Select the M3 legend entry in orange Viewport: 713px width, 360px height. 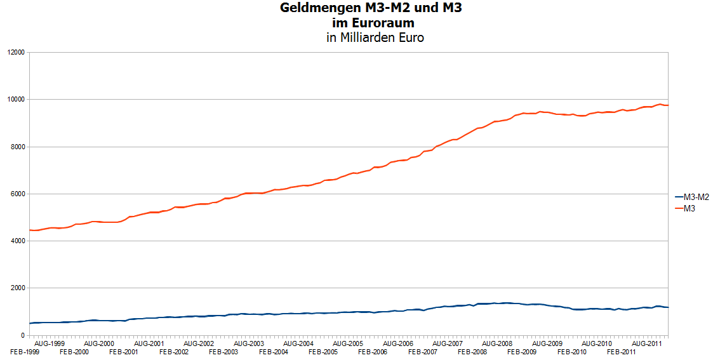(x=690, y=208)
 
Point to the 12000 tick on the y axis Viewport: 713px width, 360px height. (x=15, y=53)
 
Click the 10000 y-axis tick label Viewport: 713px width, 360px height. (x=15, y=100)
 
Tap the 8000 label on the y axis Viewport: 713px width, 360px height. (x=17, y=147)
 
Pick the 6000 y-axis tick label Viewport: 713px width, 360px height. (x=17, y=194)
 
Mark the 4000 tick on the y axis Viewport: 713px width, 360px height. (x=17, y=241)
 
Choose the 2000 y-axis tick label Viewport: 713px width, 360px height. (x=17, y=288)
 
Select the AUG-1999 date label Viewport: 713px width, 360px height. (x=50, y=343)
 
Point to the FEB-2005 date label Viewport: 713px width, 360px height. (x=322, y=351)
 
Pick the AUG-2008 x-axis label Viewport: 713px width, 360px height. (x=497, y=343)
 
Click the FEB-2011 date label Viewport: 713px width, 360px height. (x=621, y=351)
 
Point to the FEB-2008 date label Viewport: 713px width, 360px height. (x=472, y=351)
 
